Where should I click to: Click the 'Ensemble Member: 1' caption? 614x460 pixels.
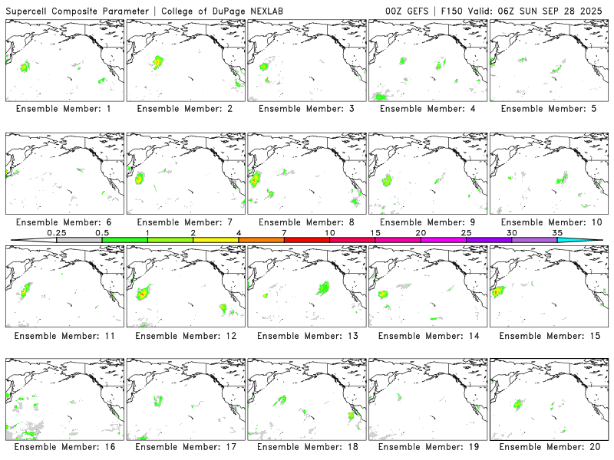pos(64,109)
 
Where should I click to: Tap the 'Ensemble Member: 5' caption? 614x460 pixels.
pos(550,109)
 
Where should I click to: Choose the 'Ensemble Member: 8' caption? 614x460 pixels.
pos(306,222)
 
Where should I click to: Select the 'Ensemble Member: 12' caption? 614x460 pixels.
pos(185,336)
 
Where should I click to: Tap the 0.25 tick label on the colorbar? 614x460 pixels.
pos(56,232)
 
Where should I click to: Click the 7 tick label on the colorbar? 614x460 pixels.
pos(284,232)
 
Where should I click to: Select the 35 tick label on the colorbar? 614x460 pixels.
pos(557,232)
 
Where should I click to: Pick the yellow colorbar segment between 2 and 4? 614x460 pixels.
pos(216,240)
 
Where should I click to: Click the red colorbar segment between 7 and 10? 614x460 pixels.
pos(307,240)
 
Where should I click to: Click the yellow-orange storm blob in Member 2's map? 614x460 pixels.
pos(157,61)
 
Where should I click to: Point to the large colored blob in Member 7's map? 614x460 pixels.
pos(140,179)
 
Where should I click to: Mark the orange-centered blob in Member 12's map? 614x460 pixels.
pos(143,294)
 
